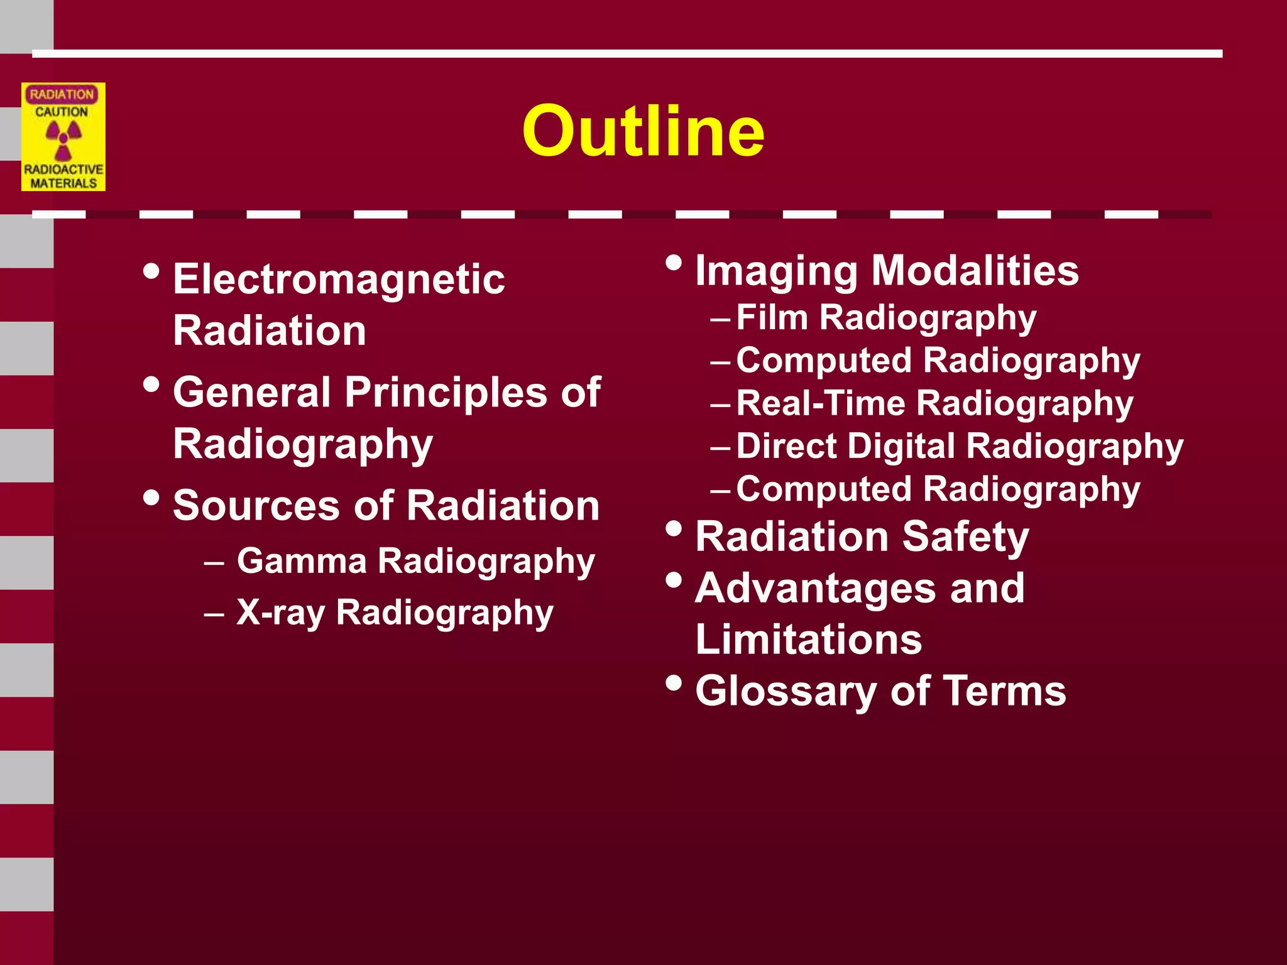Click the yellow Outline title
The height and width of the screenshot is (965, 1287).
(643, 131)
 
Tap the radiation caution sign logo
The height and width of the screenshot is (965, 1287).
(63, 137)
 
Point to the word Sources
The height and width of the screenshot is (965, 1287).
(256, 505)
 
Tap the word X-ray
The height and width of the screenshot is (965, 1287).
(280, 613)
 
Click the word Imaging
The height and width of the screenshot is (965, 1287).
(776, 271)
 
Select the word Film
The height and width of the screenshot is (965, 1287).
(772, 317)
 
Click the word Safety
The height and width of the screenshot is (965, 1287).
(965, 538)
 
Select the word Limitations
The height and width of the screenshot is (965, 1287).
(808, 640)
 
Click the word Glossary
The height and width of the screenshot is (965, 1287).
(786, 692)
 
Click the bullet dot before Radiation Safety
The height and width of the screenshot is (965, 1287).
(673, 528)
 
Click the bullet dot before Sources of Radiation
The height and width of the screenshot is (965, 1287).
(151, 497)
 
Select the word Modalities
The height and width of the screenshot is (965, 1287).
(975, 271)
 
